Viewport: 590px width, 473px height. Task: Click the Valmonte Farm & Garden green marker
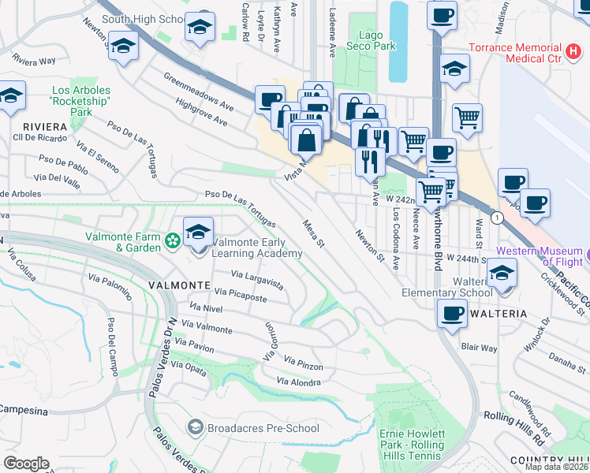click(171, 239)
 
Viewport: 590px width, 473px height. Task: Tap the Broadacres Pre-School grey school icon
click(195, 428)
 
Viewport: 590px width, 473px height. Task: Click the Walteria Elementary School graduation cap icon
click(501, 274)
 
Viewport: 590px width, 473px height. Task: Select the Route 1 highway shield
click(497, 217)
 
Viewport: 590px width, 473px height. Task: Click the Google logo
click(26, 463)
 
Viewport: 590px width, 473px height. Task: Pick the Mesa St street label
click(314, 233)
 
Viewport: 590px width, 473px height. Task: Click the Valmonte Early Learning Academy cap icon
click(198, 233)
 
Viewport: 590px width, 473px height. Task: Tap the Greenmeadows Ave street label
click(200, 91)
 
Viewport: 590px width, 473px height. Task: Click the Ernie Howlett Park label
click(412, 440)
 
